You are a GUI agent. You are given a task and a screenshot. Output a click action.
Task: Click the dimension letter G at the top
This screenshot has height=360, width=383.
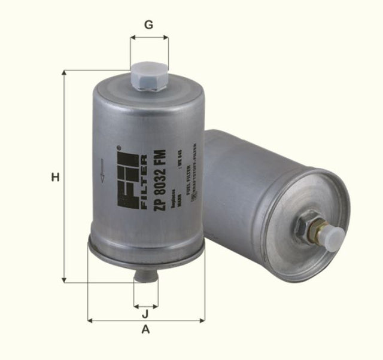[x=149, y=25]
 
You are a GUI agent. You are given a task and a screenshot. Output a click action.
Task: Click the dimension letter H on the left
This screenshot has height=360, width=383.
[x=55, y=178]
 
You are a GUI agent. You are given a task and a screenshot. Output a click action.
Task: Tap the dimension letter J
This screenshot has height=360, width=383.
[x=145, y=314]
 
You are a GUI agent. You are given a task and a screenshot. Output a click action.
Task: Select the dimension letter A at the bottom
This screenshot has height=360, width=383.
[x=145, y=330]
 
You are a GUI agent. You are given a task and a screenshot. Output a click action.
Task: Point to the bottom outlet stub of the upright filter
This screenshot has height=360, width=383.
[x=145, y=275]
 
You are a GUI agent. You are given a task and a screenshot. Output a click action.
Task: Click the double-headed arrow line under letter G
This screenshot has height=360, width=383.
[x=149, y=38]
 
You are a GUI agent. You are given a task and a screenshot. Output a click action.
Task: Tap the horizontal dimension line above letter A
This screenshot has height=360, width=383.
[x=146, y=321]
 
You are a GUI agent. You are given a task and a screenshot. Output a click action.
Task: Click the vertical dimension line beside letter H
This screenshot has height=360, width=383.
[x=63, y=176]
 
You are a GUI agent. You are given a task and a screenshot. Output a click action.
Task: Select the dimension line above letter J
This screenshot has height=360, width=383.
[x=145, y=304]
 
